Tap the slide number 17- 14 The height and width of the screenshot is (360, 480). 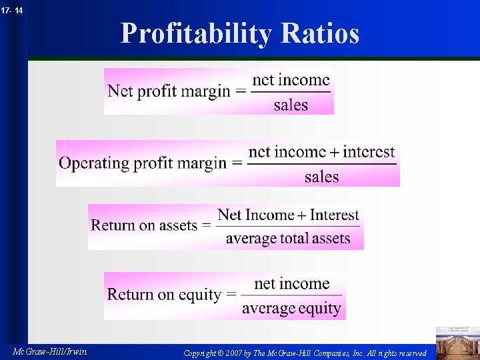coord(11,10)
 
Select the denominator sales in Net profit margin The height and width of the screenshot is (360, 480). coord(291,105)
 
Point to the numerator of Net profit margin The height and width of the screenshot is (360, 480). coord(291,80)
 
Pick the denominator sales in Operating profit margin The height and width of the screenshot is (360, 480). coord(321,177)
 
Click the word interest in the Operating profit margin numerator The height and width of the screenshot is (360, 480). coord(369,152)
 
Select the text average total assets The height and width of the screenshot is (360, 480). coord(288,238)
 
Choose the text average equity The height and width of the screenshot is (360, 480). coord(291,308)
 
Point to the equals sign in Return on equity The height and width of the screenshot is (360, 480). coord(231,295)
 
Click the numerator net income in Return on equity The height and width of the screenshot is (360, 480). coord(291,284)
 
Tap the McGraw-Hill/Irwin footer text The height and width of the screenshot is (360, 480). coord(49,351)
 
